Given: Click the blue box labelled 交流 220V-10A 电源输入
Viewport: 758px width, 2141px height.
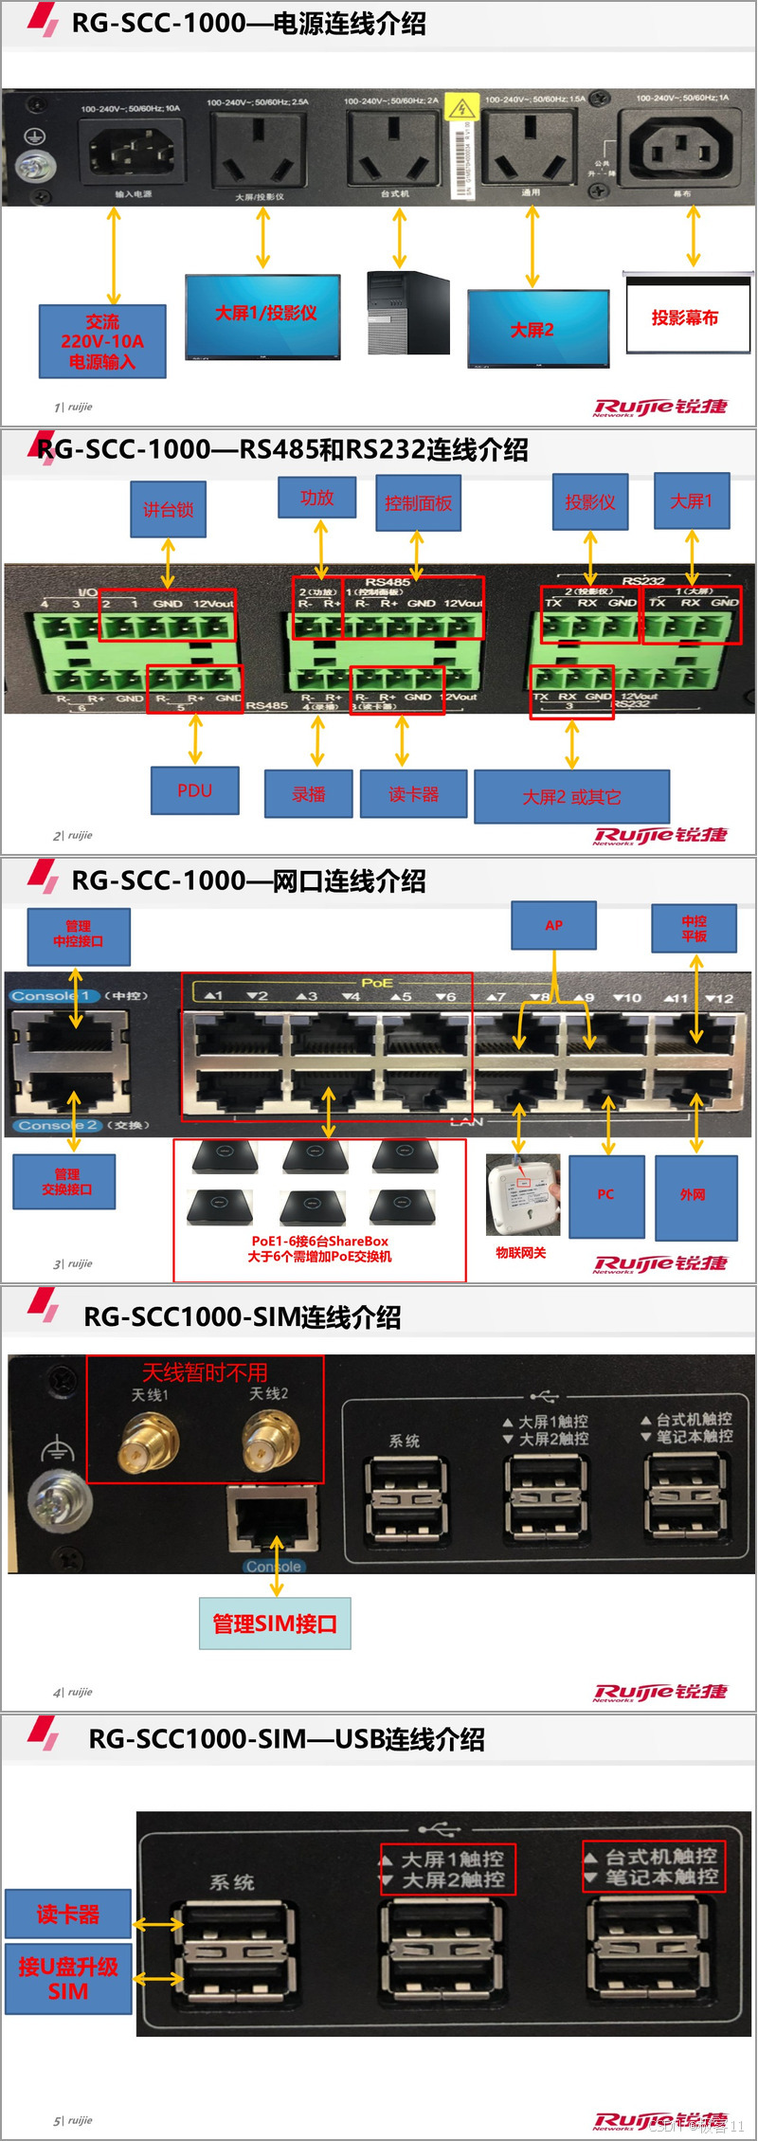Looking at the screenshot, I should (x=102, y=341).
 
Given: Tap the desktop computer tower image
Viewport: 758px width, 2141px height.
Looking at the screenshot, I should (x=407, y=314).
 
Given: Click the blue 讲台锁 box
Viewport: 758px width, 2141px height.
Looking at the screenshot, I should (x=169, y=510).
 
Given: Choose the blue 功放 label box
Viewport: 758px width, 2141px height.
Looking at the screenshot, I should (x=316, y=498).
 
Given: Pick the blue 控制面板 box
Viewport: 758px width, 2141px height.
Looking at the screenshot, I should (x=418, y=502).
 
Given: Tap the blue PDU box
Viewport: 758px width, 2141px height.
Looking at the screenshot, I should (x=194, y=790).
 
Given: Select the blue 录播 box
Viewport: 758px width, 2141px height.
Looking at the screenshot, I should (x=308, y=793).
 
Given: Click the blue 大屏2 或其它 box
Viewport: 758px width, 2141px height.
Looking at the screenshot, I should (x=571, y=796).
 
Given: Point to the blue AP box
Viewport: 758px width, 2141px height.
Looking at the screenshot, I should (x=553, y=925).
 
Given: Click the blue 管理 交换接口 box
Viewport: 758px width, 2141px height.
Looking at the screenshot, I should (x=65, y=1181).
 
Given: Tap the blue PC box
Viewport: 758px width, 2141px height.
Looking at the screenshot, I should (x=606, y=1195).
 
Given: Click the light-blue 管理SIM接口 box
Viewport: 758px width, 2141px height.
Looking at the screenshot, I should (x=275, y=1624).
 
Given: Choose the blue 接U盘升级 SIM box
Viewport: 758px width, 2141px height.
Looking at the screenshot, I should (x=68, y=1979).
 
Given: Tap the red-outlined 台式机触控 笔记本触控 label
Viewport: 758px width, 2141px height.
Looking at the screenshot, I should (x=654, y=1866).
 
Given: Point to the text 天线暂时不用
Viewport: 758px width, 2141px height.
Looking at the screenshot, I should (x=205, y=1372).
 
